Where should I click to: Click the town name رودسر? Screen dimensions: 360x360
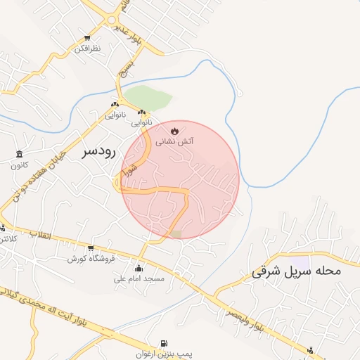98,151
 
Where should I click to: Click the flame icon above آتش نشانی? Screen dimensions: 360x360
174,131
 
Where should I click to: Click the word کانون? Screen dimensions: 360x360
18,165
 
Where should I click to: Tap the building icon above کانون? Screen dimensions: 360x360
18,155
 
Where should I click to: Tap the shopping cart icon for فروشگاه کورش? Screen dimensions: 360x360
91,248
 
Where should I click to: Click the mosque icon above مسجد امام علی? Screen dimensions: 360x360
139,268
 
